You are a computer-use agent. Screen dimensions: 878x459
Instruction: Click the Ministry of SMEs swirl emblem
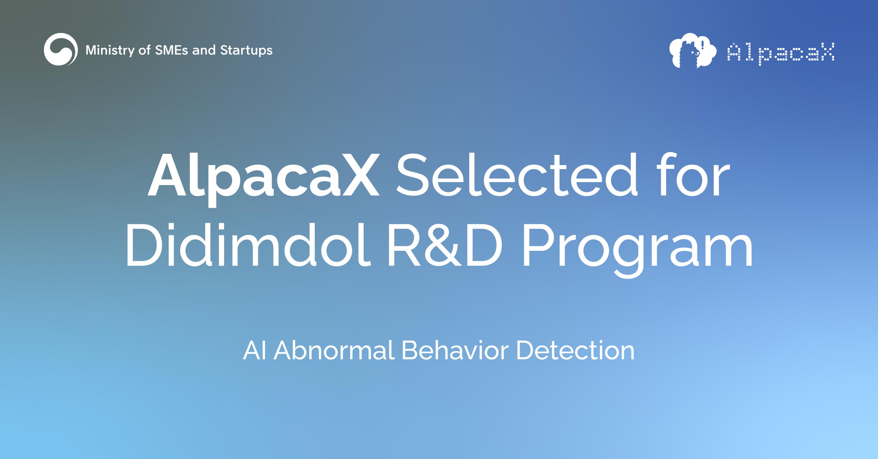point(61,49)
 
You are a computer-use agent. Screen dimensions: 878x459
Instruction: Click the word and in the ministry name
point(204,50)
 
